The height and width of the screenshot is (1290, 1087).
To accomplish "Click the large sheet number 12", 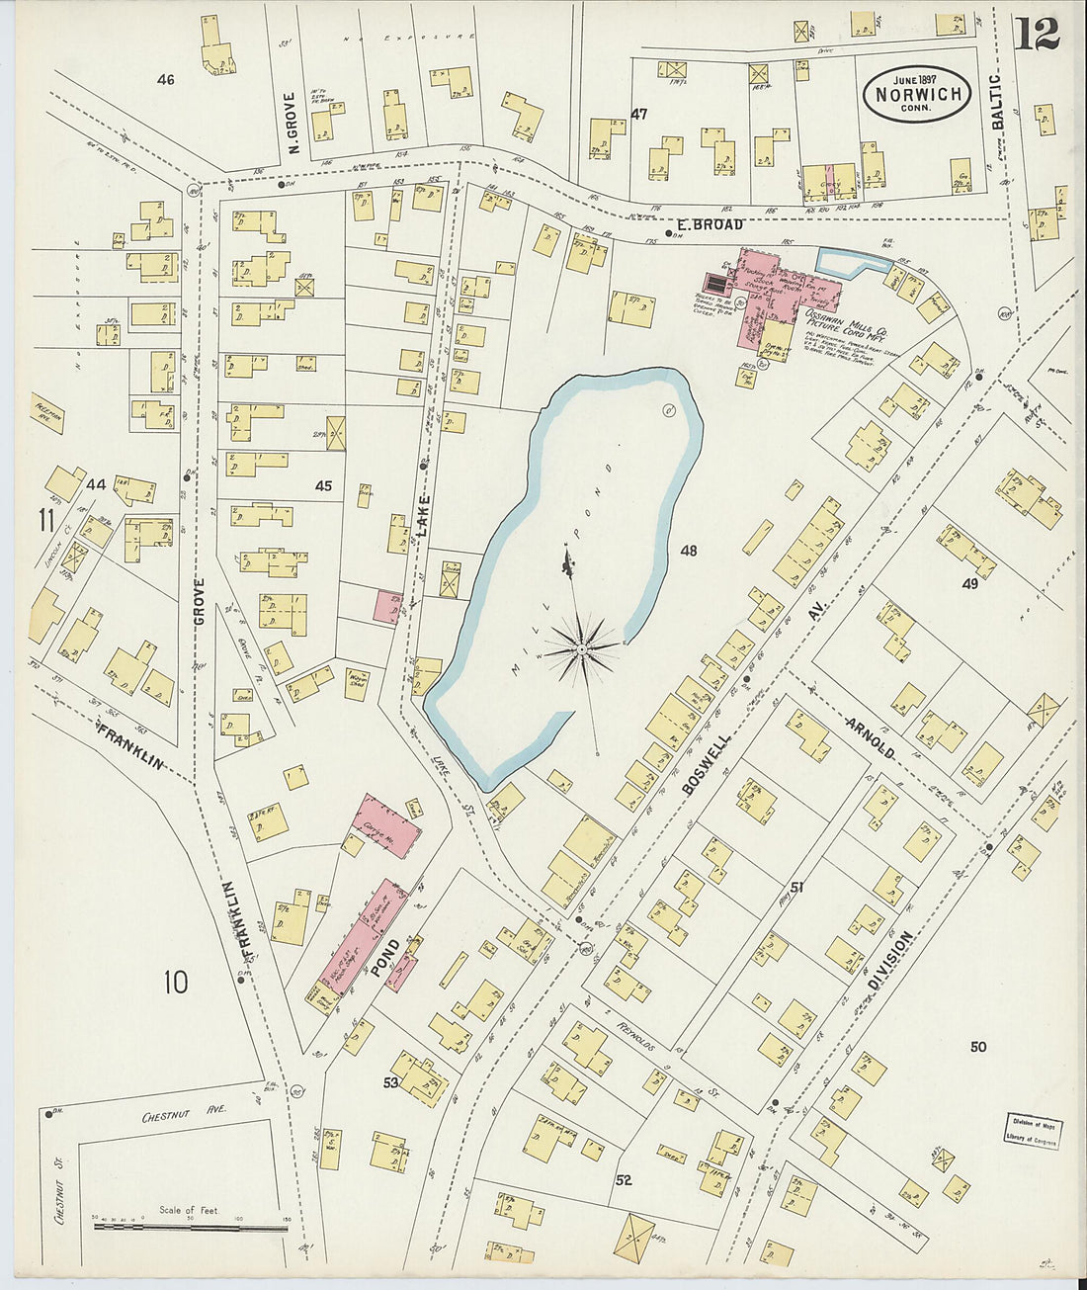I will (x=1036, y=34).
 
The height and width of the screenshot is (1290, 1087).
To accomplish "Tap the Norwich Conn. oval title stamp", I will (x=916, y=93).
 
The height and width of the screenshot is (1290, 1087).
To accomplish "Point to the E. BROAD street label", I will (x=711, y=224).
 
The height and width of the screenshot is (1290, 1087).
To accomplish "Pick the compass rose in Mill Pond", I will (x=583, y=648).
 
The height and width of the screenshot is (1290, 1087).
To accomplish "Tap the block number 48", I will (x=688, y=551).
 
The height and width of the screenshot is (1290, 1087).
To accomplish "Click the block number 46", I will (x=165, y=79).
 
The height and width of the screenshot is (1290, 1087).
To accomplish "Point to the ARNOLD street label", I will (x=870, y=738).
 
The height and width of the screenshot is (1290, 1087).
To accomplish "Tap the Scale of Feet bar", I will (x=191, y=1226).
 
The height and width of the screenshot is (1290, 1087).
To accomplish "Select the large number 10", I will (x=175, y=983).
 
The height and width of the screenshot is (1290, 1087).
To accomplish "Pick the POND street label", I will (x=385, y=958).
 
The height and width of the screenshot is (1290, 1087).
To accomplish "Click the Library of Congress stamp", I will (x=1034, y=1131).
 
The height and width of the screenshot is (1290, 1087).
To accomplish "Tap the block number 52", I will (x=623, y=1180).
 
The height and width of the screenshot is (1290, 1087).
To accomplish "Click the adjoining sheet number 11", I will (x=46, y=520).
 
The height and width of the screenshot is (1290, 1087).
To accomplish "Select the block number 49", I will (x=969, y=584).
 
